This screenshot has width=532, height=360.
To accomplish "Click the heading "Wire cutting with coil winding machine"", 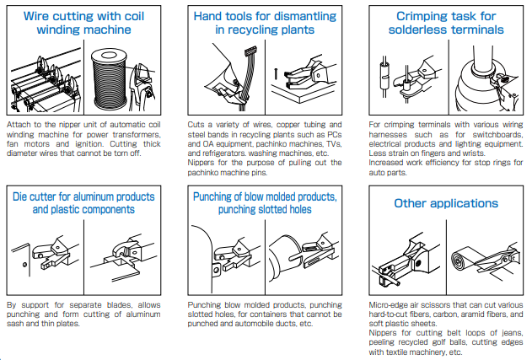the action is (83, 23).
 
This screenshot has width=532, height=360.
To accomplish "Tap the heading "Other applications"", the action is (446, 203).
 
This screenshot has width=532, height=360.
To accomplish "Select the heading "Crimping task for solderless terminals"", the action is (446, 23).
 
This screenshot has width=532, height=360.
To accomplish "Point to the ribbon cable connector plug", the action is (250, 51).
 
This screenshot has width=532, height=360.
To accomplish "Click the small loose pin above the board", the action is (276, 74).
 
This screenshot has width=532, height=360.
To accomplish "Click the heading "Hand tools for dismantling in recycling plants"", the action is (265, 23).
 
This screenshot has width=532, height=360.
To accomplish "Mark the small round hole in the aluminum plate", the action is (24, 265).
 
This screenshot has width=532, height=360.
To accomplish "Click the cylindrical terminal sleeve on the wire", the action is (384, 77).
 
